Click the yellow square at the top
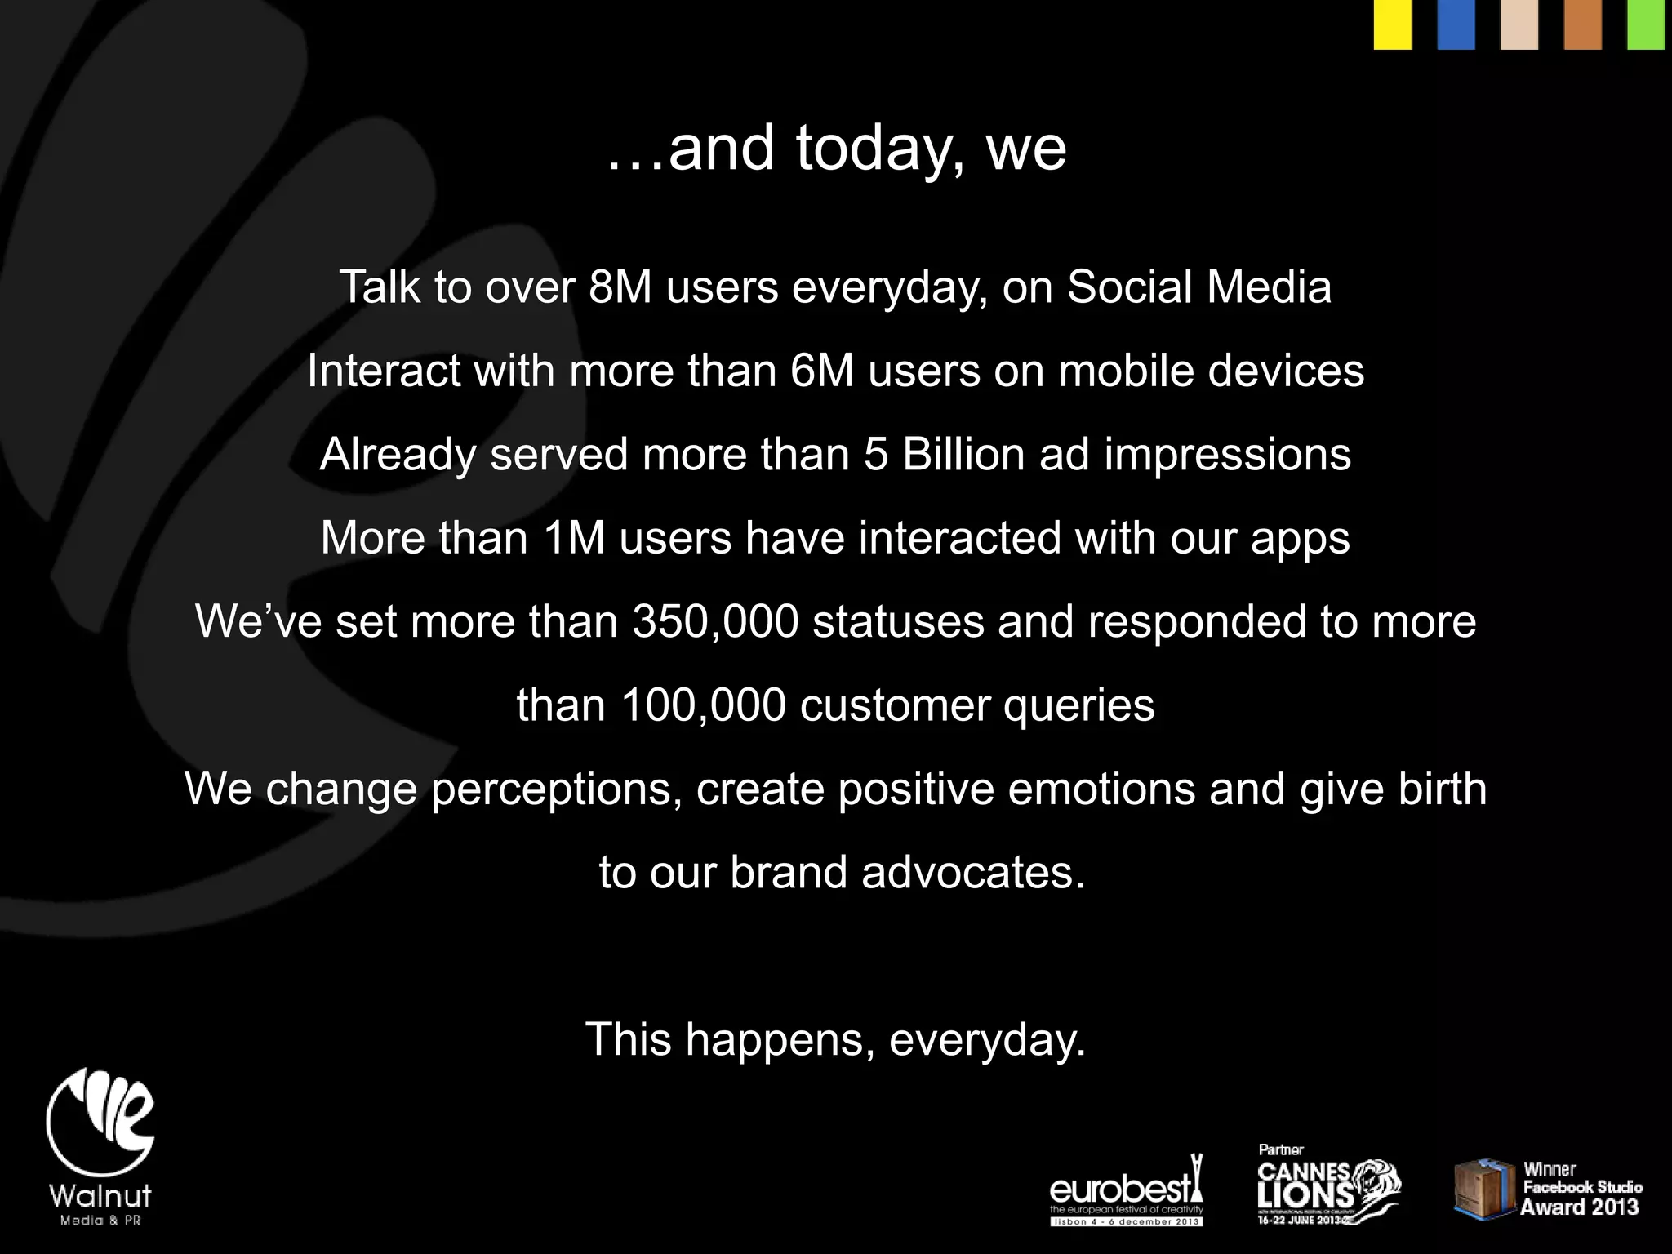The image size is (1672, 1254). (x=1393, y=24)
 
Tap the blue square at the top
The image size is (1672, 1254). (x=1456, y=24)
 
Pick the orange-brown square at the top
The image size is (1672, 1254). (x=1583, y=24)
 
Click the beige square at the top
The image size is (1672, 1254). (x=1519, y=24)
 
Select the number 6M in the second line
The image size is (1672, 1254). (x=822, y=371)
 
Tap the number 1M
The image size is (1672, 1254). (x=574, y=538)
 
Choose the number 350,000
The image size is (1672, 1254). (x=715, y=621)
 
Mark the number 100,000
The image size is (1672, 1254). (x=703, y=705)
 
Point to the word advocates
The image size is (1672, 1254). (x=973, y=873)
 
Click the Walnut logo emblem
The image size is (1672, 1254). (x=100, y=1123)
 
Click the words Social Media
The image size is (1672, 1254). (x=1198, y=287)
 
